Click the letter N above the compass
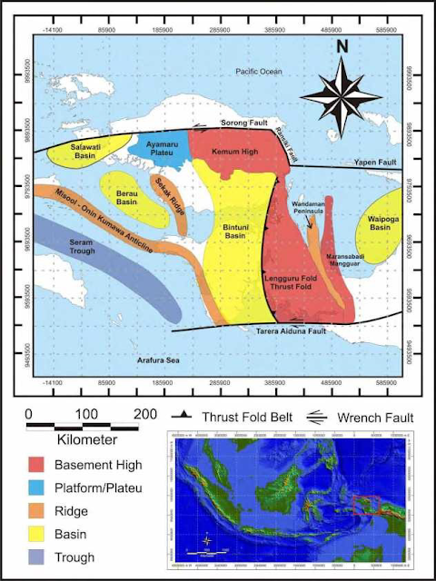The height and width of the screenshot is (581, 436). click(x=342, y=46)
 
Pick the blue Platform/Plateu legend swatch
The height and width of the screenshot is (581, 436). click(x=43, y=488)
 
